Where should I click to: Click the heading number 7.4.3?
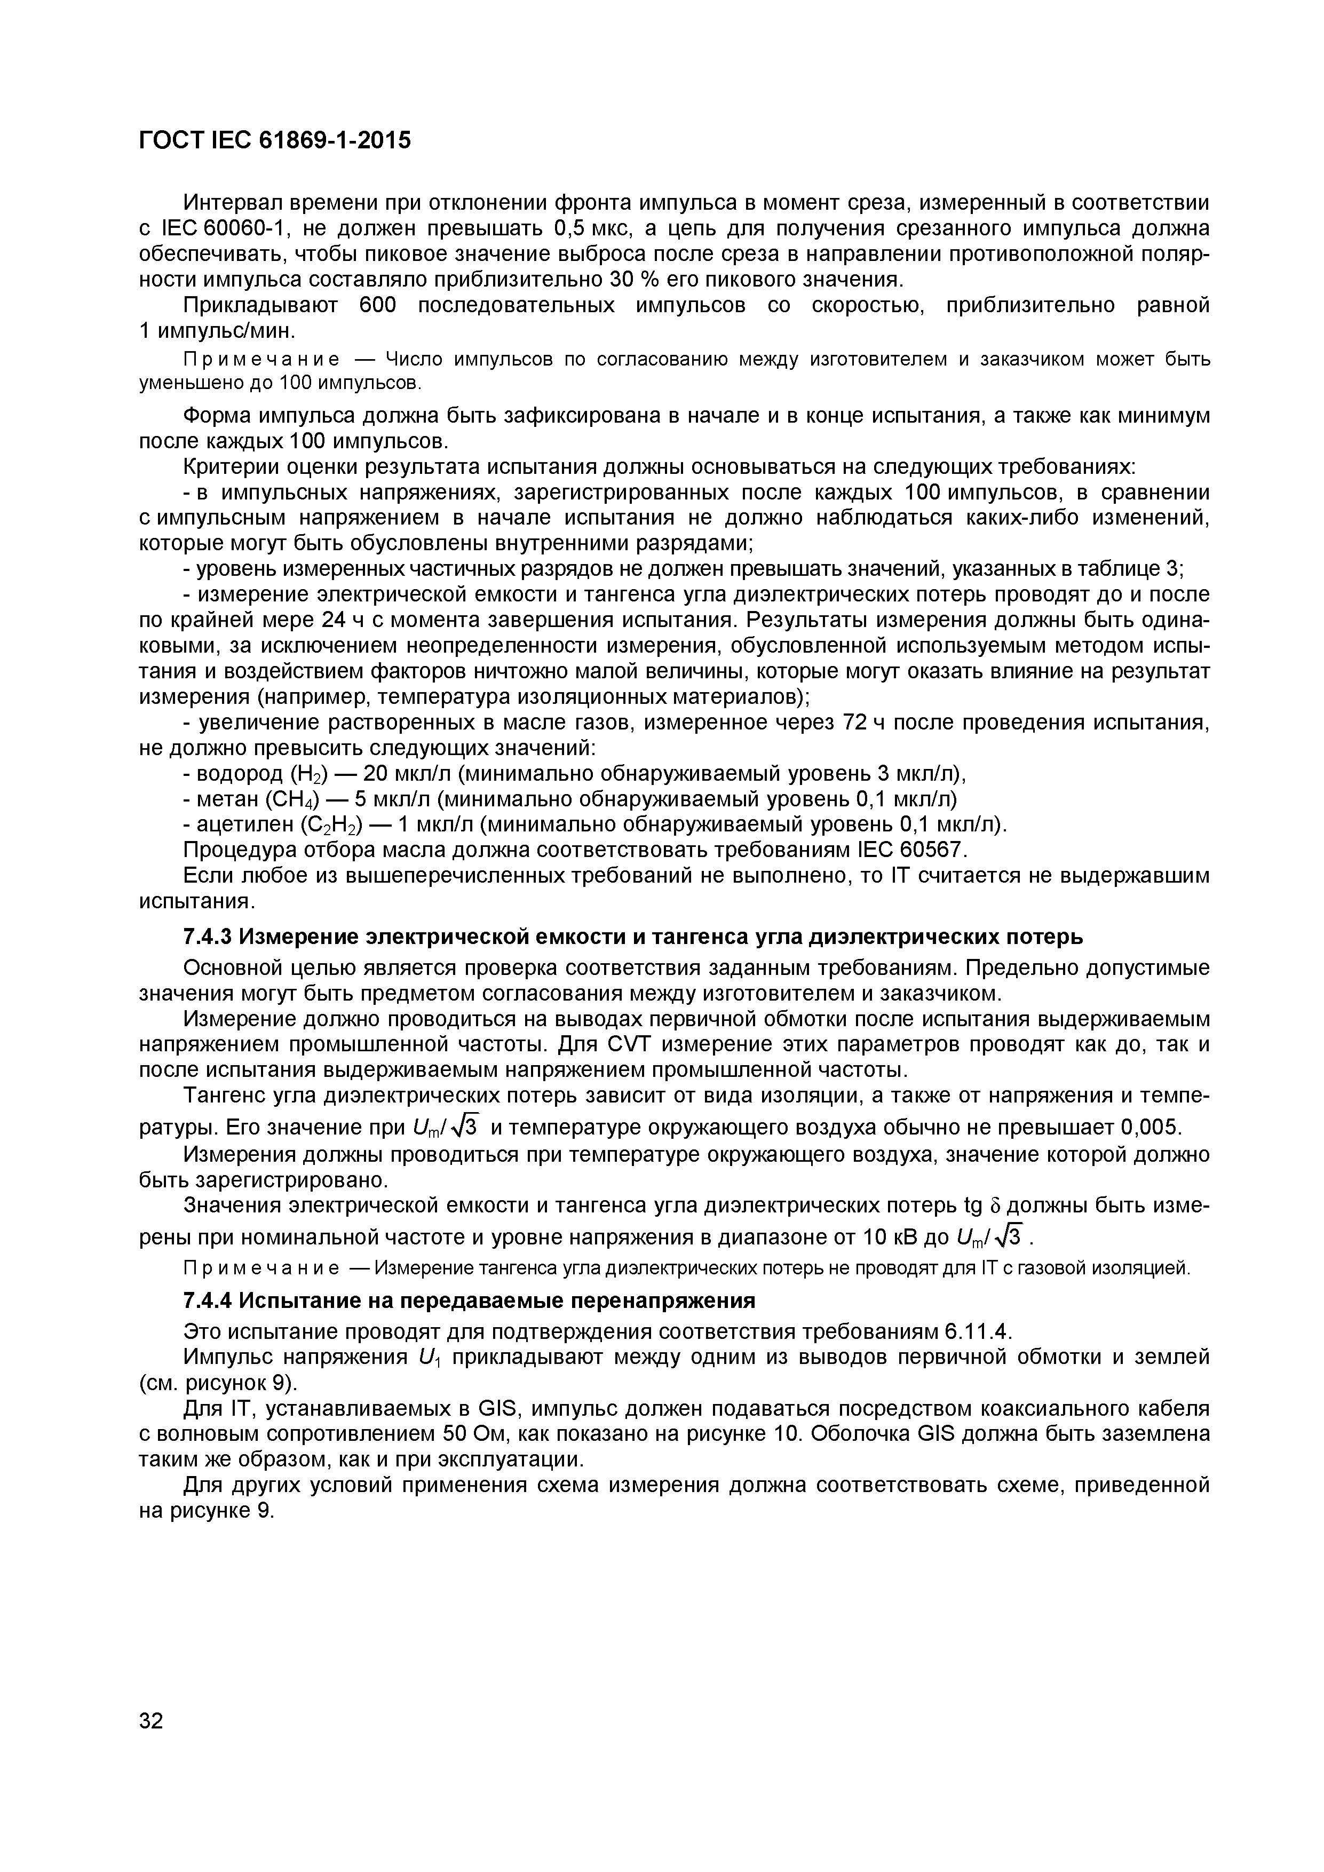coord(209,938)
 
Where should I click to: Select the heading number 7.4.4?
coord(209,1299)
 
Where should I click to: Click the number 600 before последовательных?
coord(377,306)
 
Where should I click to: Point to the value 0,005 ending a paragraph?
coord(1149,1128)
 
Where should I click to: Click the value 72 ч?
coord(854,723)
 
